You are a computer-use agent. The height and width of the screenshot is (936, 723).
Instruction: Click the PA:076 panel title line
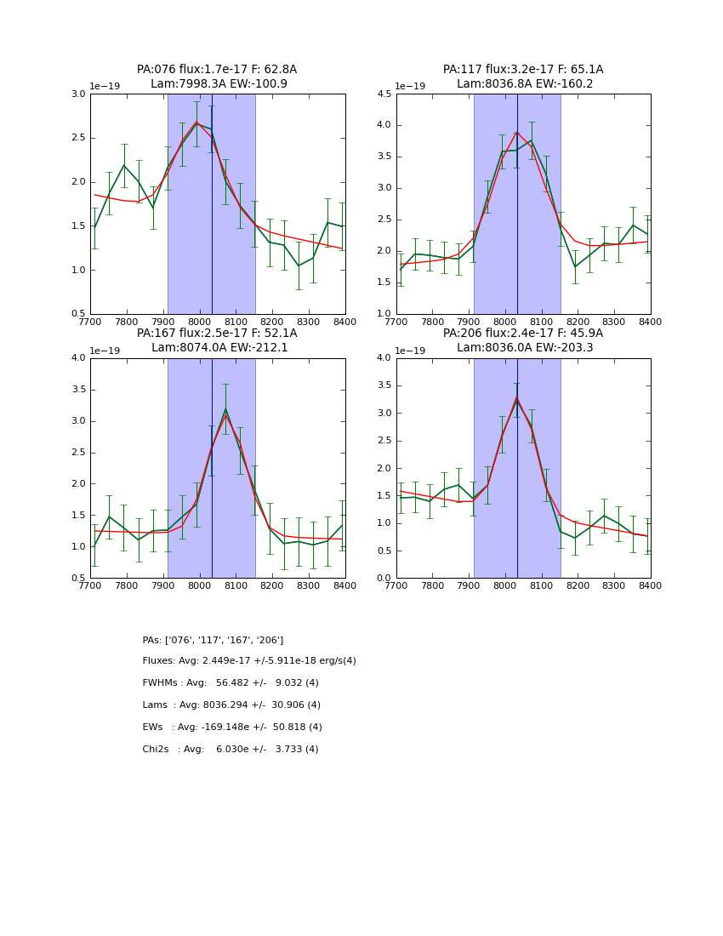click(217, 70)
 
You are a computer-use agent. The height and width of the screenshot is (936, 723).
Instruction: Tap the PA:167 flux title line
click(217, 334)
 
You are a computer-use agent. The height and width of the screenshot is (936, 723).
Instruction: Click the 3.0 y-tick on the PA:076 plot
click(78, 94)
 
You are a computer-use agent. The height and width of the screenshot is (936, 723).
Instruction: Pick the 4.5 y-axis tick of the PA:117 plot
click(384, 94)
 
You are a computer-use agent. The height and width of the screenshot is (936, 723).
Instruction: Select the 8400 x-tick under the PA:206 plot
click(651, 585)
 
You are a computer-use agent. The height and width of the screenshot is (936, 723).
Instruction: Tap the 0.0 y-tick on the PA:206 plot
click(384, 578)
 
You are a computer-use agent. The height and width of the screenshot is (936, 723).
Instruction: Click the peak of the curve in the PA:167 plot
click(225, 410)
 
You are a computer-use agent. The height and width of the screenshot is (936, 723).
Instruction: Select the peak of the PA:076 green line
click(196, 123)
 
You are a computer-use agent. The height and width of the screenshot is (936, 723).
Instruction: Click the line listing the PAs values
click(213, 640)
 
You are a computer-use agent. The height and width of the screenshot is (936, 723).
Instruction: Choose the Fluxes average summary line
click(249, 661)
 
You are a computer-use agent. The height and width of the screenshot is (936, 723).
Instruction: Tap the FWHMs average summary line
click(231, 683)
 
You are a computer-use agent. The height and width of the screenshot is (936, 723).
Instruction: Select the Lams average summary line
click(231, 705)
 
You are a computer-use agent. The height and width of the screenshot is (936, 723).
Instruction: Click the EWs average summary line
click(232, 728)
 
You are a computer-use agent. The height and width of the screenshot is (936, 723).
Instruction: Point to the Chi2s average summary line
click(231, 750)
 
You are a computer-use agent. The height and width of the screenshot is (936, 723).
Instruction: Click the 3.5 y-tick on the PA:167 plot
click(78, 390)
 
